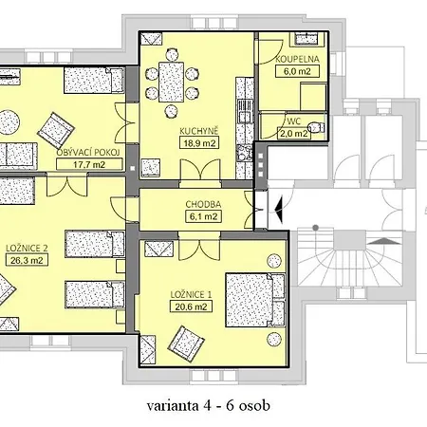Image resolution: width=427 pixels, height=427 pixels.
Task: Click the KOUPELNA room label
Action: [x=297, y=59]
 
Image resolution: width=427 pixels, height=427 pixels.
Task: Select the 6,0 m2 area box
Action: [x=297, y=71]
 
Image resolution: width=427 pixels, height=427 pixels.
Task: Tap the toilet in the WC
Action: [x=317, y=127]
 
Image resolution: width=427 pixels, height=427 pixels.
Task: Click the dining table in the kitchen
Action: [x=171, y=82]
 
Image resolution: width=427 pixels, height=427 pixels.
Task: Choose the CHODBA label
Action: [x=203, y=204]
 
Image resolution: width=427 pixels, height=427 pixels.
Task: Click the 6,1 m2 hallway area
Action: [x=203, y=216]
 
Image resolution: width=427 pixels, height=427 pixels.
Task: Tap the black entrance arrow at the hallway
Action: [x=279, y=208]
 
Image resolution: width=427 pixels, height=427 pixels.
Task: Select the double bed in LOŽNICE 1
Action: [x=255, y=300]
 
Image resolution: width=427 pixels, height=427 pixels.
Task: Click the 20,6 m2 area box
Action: [x=191, y=306]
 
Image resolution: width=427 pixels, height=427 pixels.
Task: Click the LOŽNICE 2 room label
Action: [x=27, y=249]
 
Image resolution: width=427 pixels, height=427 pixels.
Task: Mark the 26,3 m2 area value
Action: [x=27, y=260]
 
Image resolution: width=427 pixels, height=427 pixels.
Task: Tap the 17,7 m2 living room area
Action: [x=89, y=164]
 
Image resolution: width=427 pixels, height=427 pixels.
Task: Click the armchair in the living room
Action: [x=56, y=130]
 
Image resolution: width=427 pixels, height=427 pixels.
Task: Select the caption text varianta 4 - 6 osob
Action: [x=209, y=406]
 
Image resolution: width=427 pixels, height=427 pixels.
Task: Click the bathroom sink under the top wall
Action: [x=306, y=38]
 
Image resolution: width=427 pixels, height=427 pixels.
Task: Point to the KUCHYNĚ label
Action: [x=199, y=131]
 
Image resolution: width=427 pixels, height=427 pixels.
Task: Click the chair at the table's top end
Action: [x=172, y=54]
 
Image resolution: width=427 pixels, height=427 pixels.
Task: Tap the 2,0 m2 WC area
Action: [x=294, y=134]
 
